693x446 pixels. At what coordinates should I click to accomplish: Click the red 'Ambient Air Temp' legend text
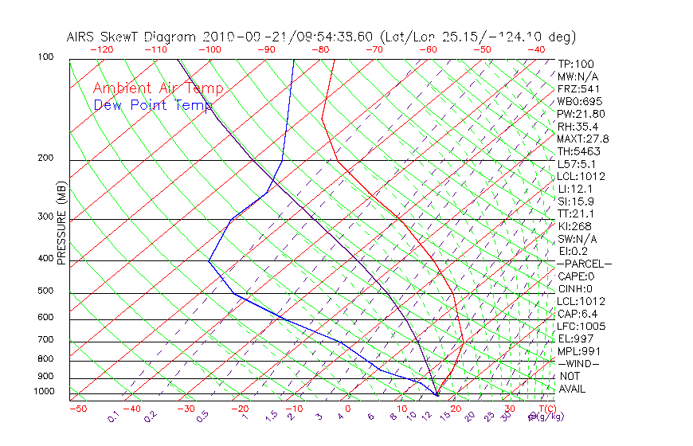(x=158, y=88)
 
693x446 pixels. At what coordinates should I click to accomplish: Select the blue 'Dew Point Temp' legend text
(x=153, y=105)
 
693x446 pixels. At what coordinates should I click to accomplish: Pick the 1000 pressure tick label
(x=45, y=391)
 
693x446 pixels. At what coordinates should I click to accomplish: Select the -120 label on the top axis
(x=101, y=49)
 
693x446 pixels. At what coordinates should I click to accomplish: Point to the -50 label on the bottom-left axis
(x=77, y=409)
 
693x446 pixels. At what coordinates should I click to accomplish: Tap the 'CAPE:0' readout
(x=576, y=276)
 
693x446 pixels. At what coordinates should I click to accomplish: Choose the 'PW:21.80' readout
(x=581, y=114)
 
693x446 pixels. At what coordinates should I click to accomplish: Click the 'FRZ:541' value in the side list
(x=578, y=88)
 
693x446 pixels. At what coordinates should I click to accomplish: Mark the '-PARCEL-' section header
(x=584, y=264)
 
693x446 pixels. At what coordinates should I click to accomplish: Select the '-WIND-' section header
(x=578, y=363)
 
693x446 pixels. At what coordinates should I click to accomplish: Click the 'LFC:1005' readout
(x=581, y=326)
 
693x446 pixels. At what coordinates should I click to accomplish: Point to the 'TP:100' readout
(x=576, y=64)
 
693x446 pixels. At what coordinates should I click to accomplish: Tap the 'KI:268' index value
(x=575, y=226)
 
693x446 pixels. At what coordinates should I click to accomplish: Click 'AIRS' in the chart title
(x=82, y=37)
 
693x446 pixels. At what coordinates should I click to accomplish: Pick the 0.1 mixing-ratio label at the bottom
(x=113, y=417)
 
